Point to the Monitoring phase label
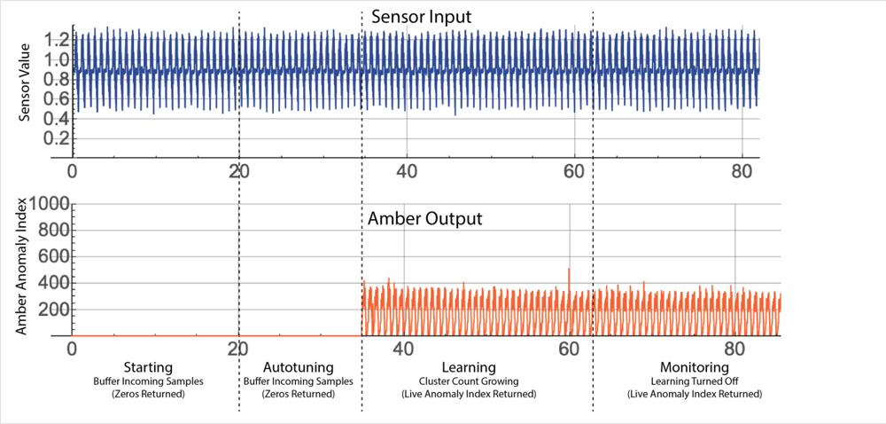[694, 367]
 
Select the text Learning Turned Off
[694, 381]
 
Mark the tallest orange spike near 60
[569, 270]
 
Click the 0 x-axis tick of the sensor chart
[73, 169]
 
